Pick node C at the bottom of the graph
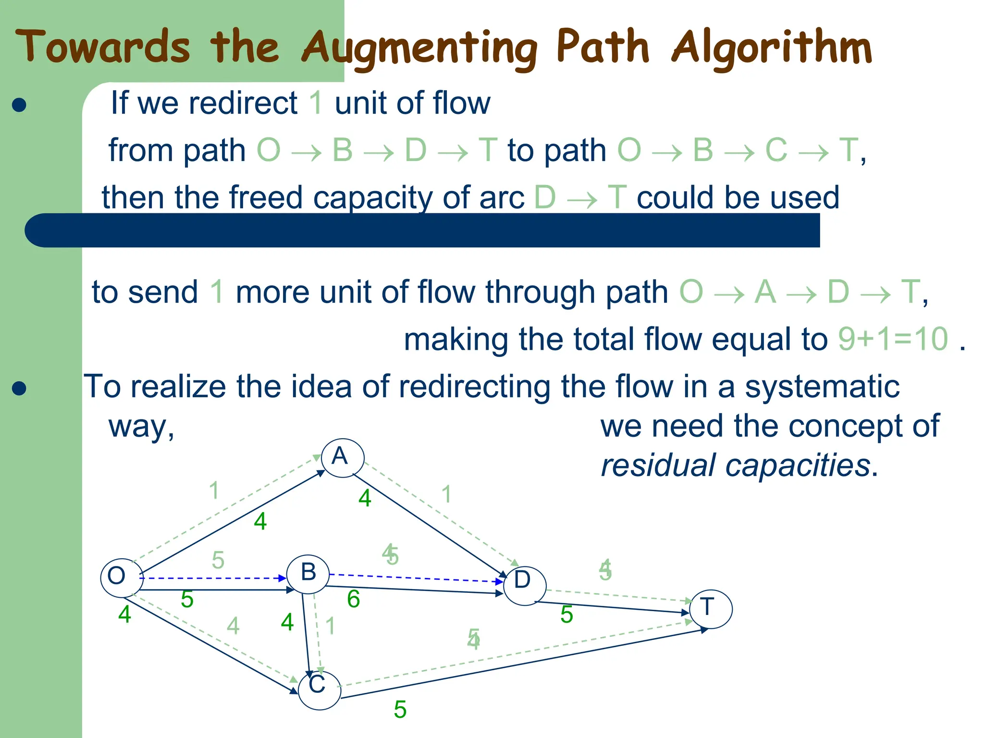click(x=319, y=690)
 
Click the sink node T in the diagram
click(x=711, y=609)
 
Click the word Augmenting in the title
click(x=419, y=49)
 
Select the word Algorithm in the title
click(x=771, y=48)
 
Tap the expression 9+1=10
click(x=893, y=339)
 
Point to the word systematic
click(x=822, y=387)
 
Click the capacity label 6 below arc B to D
click(x=354, y=599)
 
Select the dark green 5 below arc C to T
click(x=400, y=710)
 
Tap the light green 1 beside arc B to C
click(x=330, y=626)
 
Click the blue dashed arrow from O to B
click(x=211, y=578)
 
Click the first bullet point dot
click(x=19, y=105)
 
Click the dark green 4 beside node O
click(x=124, y=615)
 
